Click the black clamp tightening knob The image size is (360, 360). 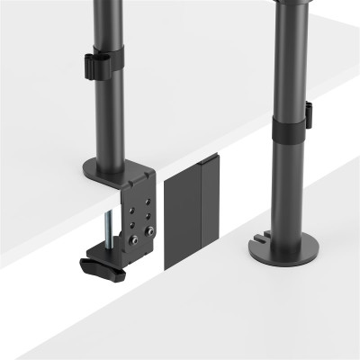point(100,266)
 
